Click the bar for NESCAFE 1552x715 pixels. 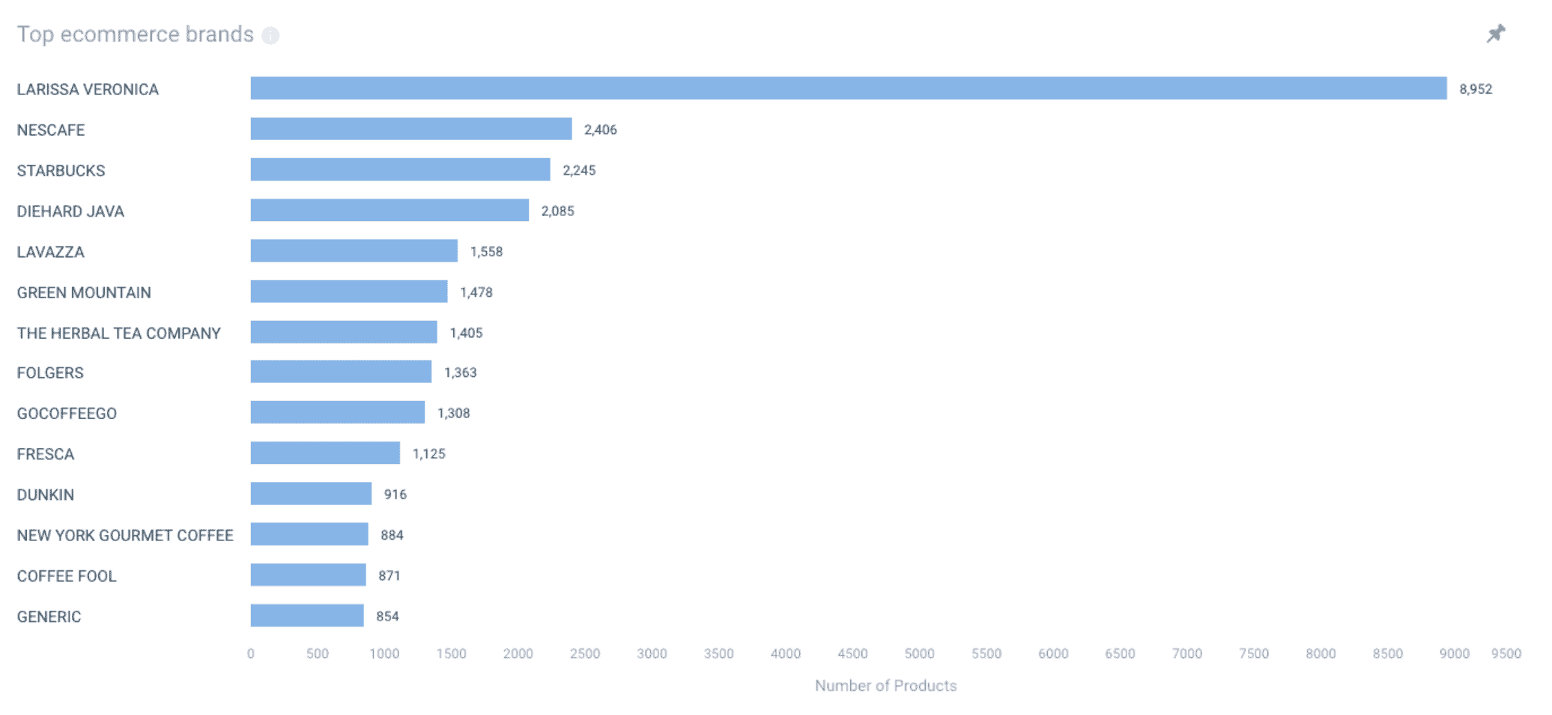pos(410,129)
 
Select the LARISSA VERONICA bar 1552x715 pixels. pos(848,88)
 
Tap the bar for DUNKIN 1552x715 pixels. pos(311,494)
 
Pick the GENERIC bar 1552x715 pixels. pos(307,616)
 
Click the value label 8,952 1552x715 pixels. pos(1475,89)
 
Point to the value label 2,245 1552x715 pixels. pos(579,170)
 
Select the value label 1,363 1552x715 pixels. pos(460,372)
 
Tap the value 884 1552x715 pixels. pos(392,535)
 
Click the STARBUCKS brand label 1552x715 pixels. pos(61,171)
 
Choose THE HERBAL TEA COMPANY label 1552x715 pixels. pos(118,334)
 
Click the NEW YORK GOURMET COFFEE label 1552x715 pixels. pos(125,536)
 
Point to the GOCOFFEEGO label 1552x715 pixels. pos(67,414)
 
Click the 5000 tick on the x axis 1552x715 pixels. pos(919,654)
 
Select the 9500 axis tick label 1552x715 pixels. pos(1506,654)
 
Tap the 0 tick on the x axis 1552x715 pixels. pos(251,654)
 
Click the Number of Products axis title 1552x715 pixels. pos(885,686)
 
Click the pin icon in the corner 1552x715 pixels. pos(1495,34)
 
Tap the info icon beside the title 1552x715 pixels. pos(270,35)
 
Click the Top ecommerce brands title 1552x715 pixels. pos(135,34)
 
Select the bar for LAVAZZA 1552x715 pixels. pos(354,251)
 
